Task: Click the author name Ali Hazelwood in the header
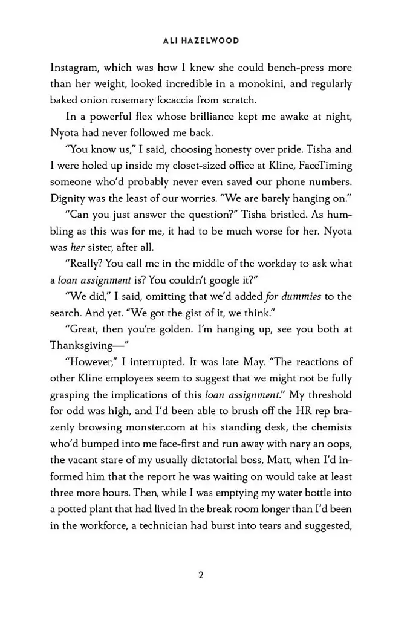201,41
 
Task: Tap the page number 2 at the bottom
201,575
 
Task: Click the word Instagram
76,68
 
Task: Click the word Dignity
68,198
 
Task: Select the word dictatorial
218,460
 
